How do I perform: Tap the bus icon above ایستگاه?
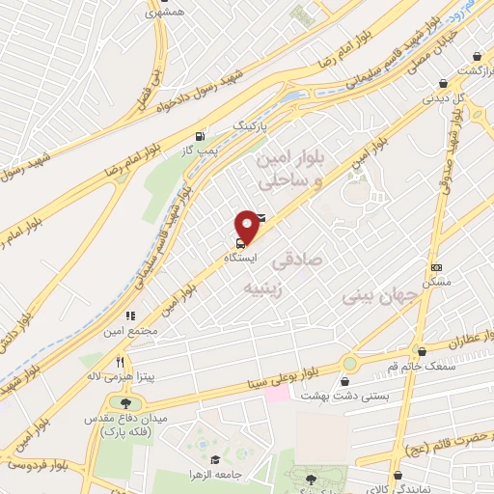tap(238, 244)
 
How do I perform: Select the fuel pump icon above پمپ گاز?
tap(199, 136)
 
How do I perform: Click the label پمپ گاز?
tap(203, 151)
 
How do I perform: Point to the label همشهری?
tap(163, 13)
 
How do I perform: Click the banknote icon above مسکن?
tap(436, 267)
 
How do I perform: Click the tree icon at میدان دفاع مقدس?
tap(123, 402)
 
